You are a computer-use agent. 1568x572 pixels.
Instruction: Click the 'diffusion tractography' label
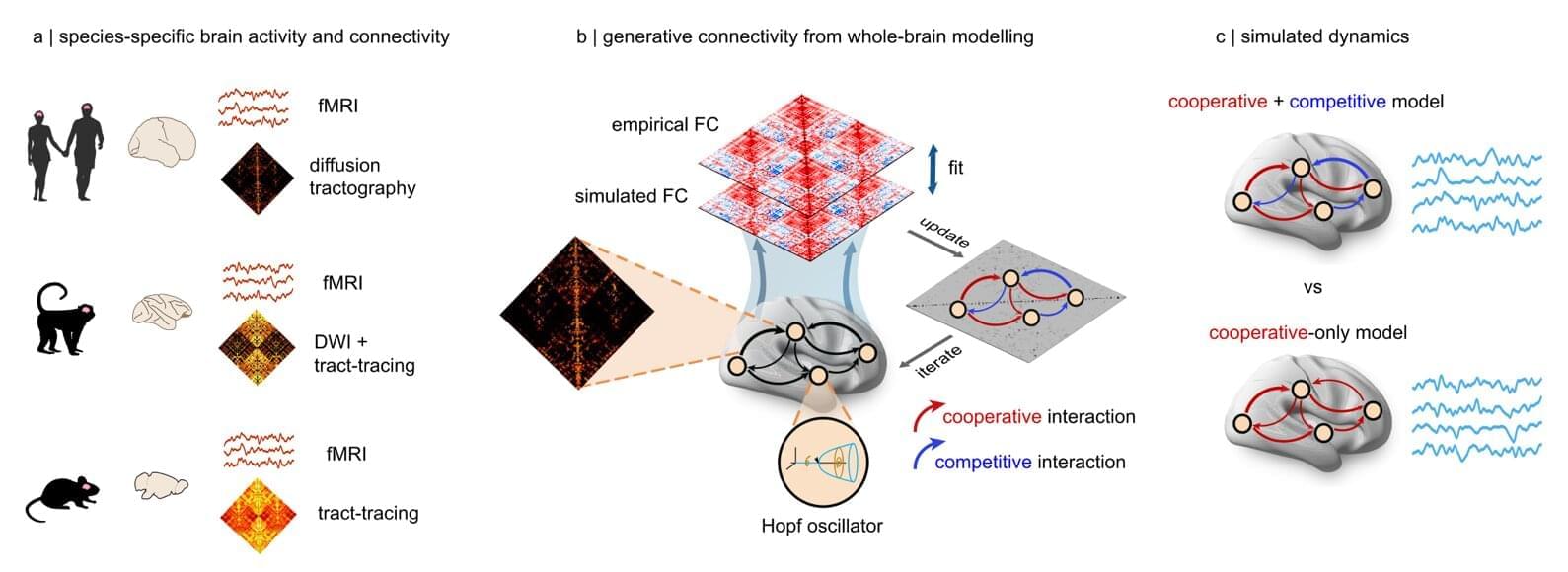click(361, 177)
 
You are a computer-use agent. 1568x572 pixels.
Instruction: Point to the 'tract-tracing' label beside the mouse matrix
click(367, 513)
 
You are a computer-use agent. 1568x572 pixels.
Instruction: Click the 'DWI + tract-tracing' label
click(363, 353)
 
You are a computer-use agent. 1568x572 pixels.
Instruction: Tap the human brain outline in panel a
click(162, 140)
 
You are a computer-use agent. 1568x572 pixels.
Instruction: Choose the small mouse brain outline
click(161, 484)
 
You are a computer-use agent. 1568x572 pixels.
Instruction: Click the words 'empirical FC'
click(664, 125)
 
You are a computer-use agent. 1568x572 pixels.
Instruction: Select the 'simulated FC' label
click(631, 196)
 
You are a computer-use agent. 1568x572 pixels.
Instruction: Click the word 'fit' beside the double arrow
click(955, 168)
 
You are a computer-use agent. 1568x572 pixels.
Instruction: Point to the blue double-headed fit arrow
click(931, 168)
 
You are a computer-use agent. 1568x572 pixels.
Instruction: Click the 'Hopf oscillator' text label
click(821, 526)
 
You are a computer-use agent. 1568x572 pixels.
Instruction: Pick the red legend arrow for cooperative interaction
click(927, 415)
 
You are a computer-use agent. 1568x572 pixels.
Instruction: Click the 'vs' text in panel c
click(1311, 288)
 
